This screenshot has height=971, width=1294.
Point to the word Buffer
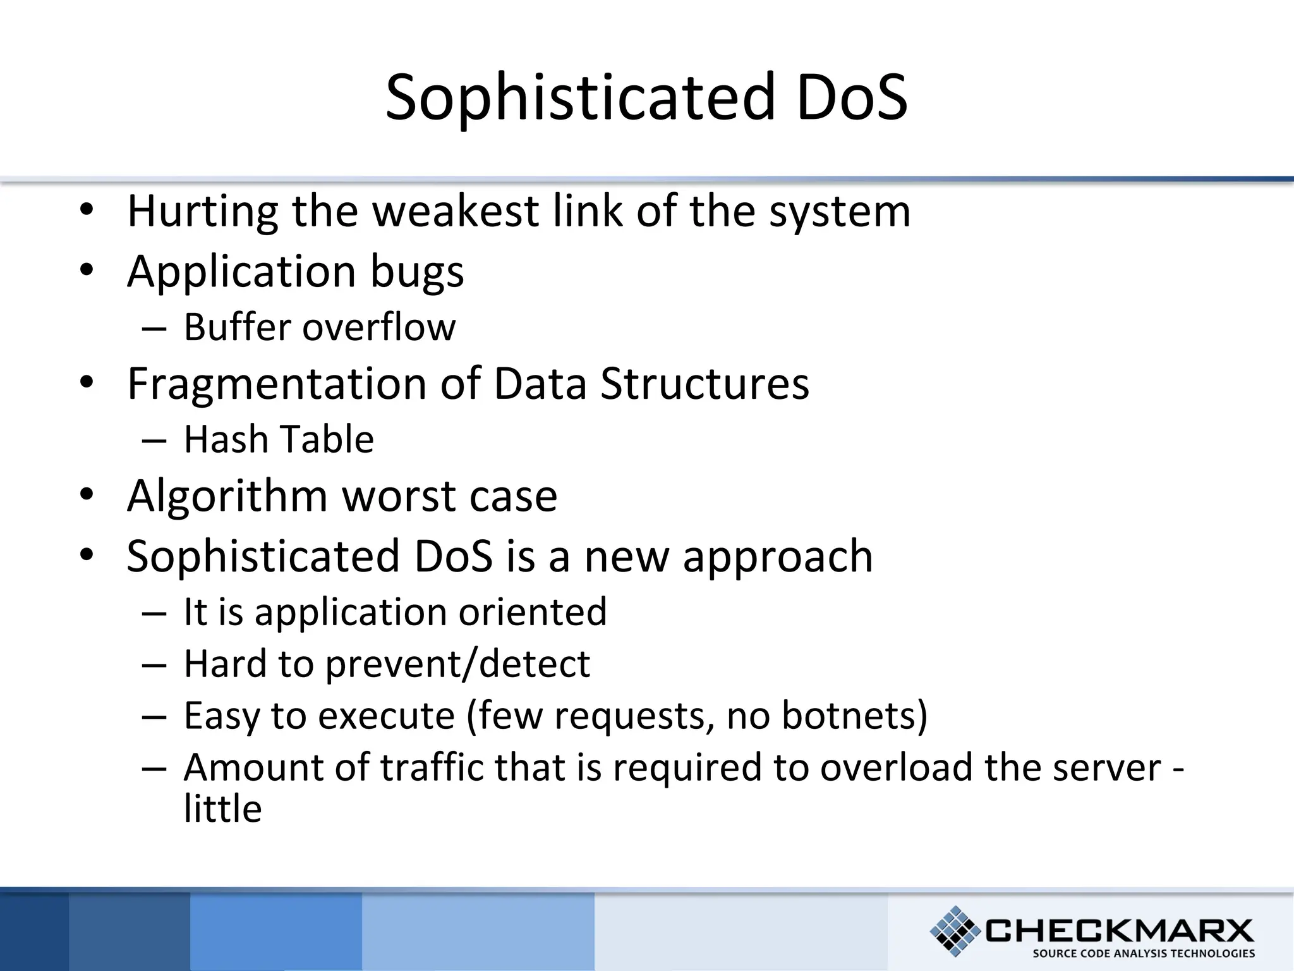[x=236, y=327]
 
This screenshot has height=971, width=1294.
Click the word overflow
[x=378, y=327]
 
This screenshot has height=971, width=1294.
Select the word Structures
[x=704, y=384]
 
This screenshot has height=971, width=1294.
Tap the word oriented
[x=533, y=612]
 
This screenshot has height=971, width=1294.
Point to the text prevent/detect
[x=457, y=664]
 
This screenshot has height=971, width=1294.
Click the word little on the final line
[x=222, y=809]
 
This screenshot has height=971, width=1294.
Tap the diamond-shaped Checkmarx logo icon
[x=955, y=930]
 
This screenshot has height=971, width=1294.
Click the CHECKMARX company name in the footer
[x=1119, y=931]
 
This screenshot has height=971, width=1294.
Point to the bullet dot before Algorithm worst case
[x=87, y=494]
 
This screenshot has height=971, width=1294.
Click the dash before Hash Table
[x=154, y=440]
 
